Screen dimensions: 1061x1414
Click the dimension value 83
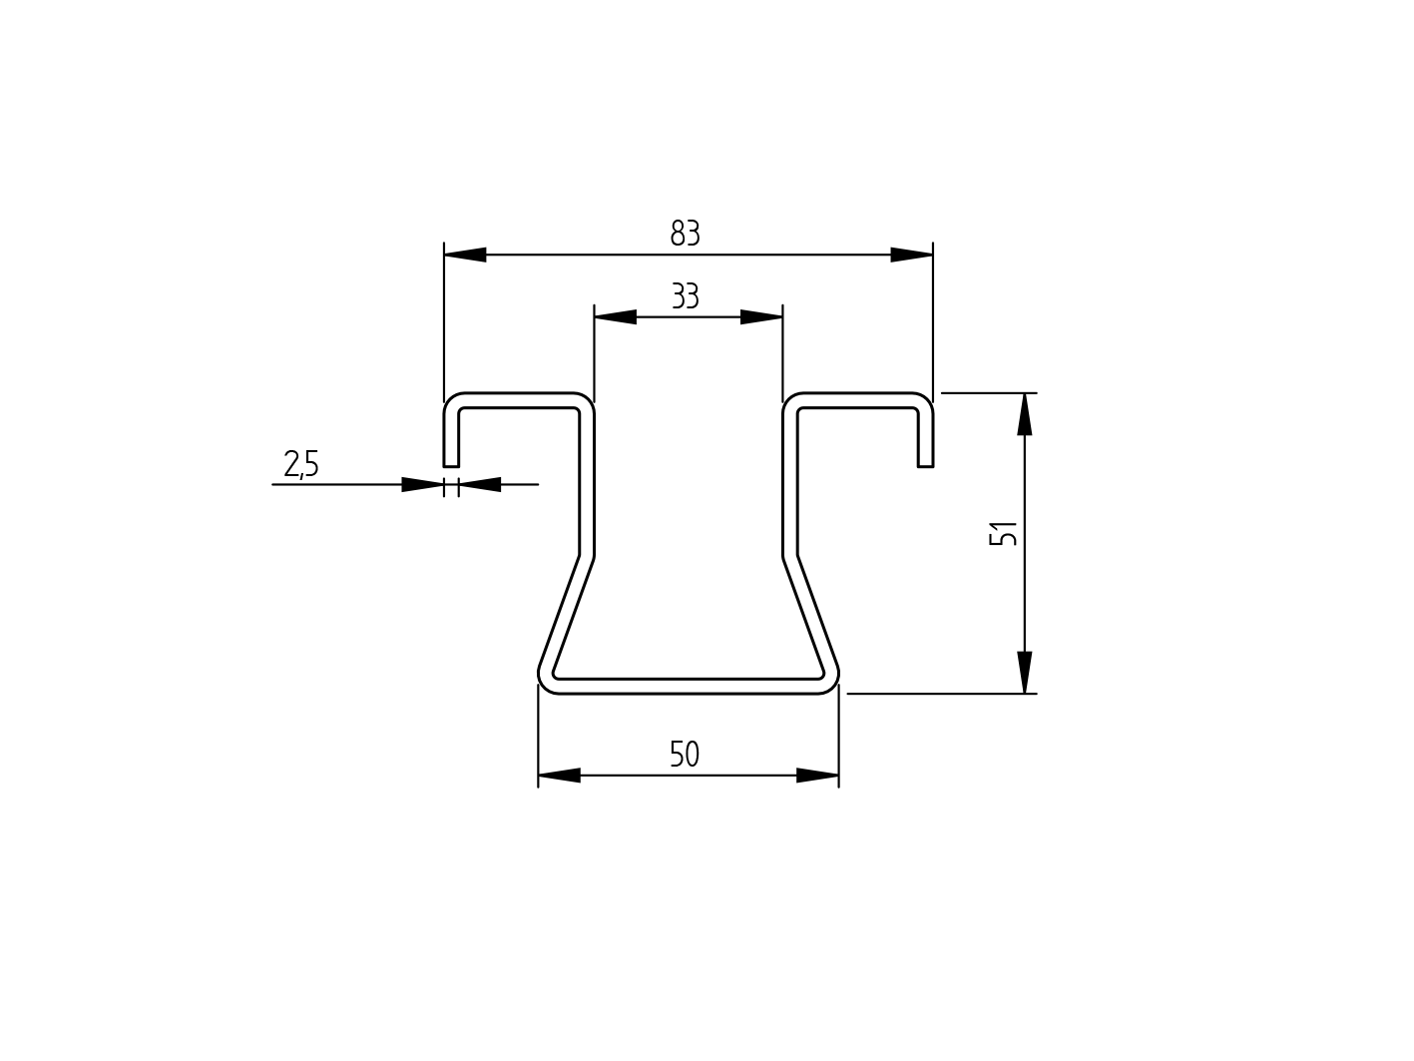pos(686,234)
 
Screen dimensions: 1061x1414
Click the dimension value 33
pos(686,297)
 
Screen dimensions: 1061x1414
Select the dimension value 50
pos(685,755)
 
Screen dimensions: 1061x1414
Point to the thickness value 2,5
pos(301,464)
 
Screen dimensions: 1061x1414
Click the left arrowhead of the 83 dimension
pos(465,255)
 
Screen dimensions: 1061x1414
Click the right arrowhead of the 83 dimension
pos(911,255)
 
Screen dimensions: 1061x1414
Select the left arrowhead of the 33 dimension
pos(615,317)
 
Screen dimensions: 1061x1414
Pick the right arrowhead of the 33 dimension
pos(761,317)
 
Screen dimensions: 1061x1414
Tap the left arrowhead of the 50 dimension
pos(559,776)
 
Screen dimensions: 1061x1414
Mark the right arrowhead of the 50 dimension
pos(817,776)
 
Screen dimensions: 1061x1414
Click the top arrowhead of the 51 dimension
pos(1025,414)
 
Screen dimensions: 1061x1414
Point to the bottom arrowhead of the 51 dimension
pos(1025,672)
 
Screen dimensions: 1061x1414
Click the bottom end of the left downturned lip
pos(451,465)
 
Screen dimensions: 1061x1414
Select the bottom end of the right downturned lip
pos(925,465)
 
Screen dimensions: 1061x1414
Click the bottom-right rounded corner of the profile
pos(831,684)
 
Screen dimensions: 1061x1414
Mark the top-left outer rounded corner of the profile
pos(450,399)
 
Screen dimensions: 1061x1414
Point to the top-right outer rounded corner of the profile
pos(927,399)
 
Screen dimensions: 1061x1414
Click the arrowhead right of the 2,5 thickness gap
pos(480,485)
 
